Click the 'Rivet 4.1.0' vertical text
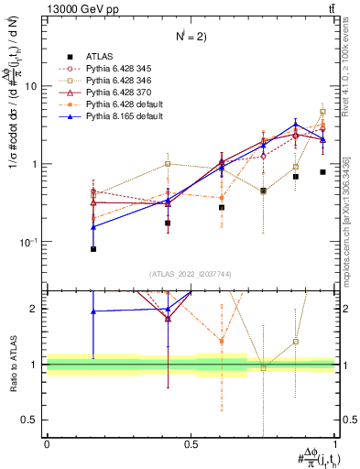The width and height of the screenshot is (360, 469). pos(347,73)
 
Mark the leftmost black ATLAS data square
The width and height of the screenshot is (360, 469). pos(93,249)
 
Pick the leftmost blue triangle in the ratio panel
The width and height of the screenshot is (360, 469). pos(93,311)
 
